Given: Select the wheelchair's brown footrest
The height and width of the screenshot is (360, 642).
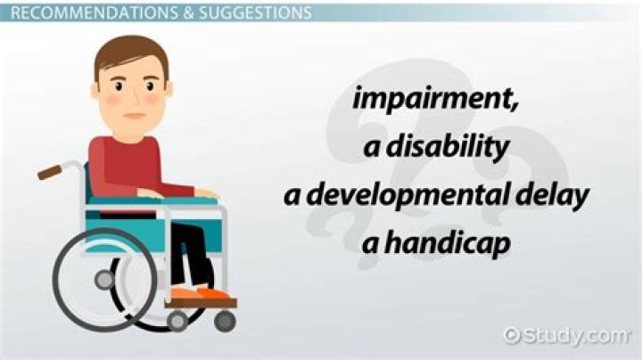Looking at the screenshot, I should point(202,303).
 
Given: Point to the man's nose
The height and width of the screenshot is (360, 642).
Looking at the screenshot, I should point(134,98).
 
